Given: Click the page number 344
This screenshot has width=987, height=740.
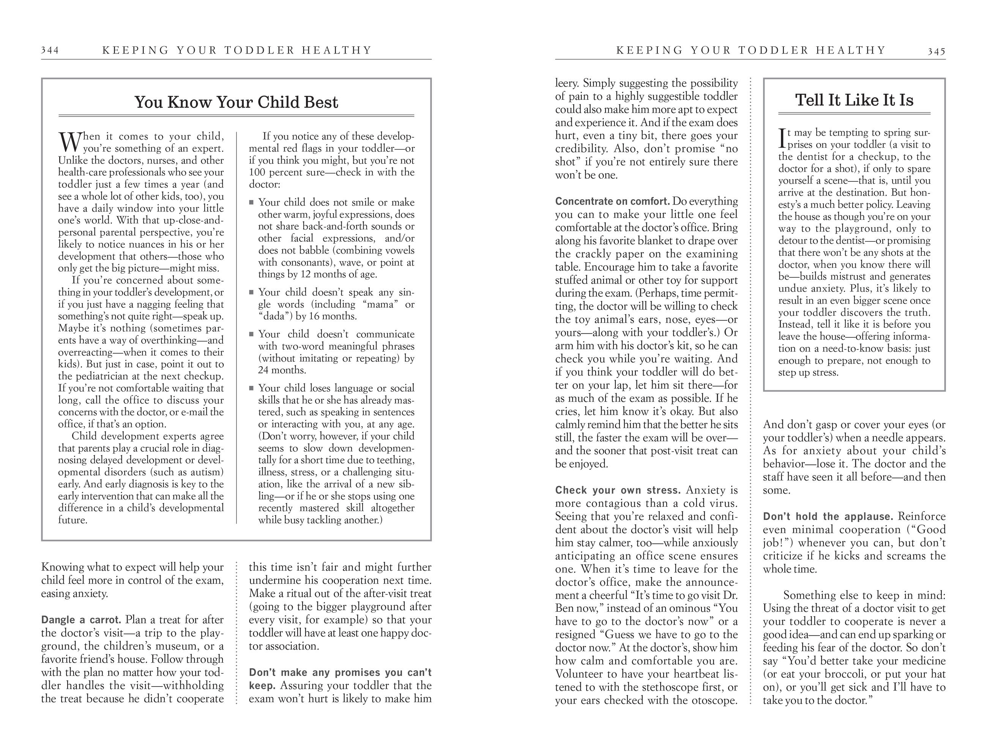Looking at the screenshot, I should click(50, 50).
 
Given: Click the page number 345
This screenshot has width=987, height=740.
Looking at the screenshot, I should click(936, 51).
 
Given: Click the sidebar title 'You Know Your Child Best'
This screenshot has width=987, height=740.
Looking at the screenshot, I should click(236, 102).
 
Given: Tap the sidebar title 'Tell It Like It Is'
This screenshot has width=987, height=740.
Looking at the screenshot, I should click(854, 100).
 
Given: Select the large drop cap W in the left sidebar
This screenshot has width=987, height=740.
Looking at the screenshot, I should click(69, 142).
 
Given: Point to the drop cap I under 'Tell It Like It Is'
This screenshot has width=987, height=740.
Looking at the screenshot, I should click(782, 138).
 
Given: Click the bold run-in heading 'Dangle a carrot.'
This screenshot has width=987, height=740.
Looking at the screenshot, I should click(81, 620).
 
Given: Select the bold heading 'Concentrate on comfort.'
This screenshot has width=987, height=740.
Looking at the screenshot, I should click(612, 202).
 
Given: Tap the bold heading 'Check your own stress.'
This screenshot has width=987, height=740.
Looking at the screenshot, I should click(618, 490).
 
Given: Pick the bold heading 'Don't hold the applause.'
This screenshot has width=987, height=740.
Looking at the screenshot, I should click(828, 516).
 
